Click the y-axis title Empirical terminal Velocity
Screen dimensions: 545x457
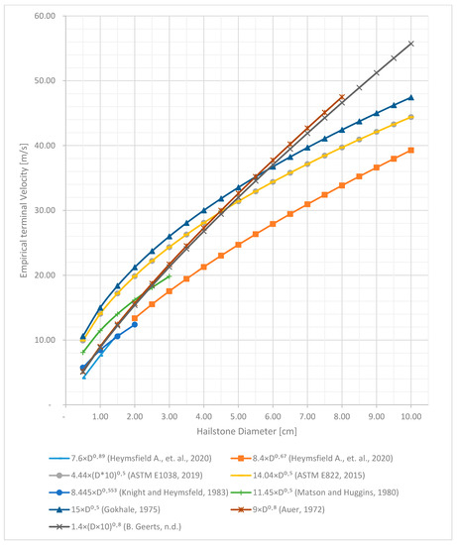click(14, 209)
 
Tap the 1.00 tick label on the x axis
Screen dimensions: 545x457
click(100, 417)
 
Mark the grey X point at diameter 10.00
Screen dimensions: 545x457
click(410, 44)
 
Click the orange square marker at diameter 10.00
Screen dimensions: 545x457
click(410, 151)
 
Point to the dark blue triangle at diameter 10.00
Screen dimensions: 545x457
click(410, 97)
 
